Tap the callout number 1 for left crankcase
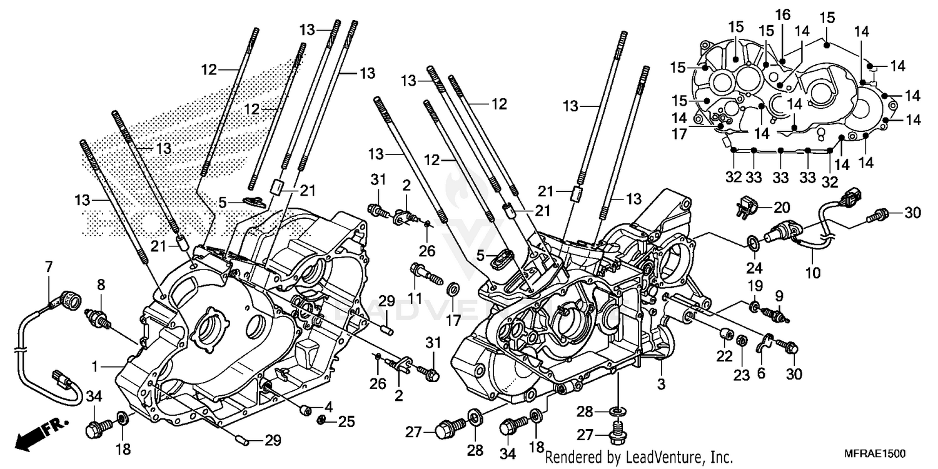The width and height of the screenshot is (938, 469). (95, 365)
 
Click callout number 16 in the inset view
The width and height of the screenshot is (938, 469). (782, 14)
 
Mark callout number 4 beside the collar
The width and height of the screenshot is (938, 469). (328, 406)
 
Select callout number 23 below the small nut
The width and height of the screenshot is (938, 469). (741, 357)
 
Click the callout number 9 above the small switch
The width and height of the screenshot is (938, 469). (779, 295)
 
